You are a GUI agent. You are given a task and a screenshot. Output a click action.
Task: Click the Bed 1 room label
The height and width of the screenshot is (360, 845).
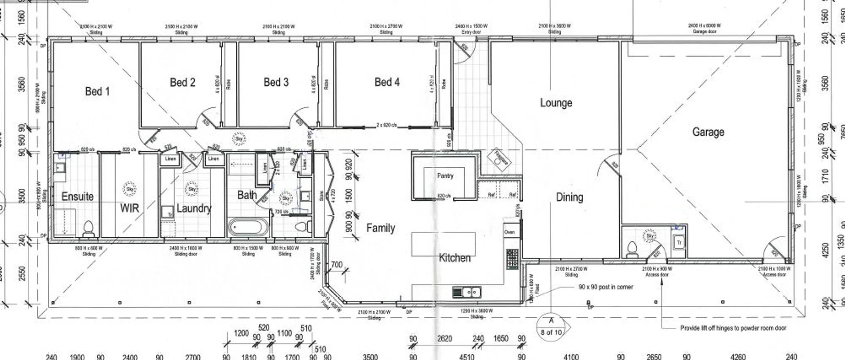pyautogui.click(x=97, y=92)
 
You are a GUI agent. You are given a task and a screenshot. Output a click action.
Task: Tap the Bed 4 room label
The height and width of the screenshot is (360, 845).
pyautogui.click(x=387, y=82)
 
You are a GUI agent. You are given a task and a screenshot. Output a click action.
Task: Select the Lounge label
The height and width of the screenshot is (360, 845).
pyautogui.click(x=556, y=103)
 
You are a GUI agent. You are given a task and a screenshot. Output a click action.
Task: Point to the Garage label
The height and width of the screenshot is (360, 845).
pyautogui.click(x=708, y=132)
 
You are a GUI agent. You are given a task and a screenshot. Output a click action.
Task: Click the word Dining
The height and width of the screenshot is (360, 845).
pyautogui.click(x=569, y=197)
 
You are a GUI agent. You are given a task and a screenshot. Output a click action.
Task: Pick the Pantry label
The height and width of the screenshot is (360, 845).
pyautogui.click(x=445, y=176)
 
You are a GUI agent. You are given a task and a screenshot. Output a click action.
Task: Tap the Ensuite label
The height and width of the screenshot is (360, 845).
pyautogui.click(x=77, y=196)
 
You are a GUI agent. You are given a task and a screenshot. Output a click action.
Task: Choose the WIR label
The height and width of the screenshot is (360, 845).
pyautogui.click(x=129, y=208)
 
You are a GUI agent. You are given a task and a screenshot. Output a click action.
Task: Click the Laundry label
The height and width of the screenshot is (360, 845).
pyautogui.click(x=194, y=208)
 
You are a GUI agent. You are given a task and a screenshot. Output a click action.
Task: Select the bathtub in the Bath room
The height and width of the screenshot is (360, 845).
pyautogui.click(x=248, y=228)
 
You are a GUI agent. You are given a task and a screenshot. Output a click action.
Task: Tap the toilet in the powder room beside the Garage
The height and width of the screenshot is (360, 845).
pyautogui.click(x=632, y=249)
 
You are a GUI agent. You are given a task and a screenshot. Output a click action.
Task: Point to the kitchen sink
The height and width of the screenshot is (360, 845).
pyautogui.click(x=467, y=292)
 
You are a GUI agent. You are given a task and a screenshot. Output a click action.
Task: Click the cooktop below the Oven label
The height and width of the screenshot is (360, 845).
pyautogui.click(x=512, y=259)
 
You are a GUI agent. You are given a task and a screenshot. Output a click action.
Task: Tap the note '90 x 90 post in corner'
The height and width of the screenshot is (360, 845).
pyautogui.click(x=606, y=287)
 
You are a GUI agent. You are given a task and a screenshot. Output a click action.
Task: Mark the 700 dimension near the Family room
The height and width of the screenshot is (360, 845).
pyautogui.click(x=336, y=265)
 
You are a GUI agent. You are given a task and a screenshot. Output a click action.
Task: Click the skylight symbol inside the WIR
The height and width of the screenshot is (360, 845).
pyautogui.click(x=130, y=189)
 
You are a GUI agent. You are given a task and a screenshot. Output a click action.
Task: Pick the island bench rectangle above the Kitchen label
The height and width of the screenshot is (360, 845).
pyautogui.click(x=443, y=243)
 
